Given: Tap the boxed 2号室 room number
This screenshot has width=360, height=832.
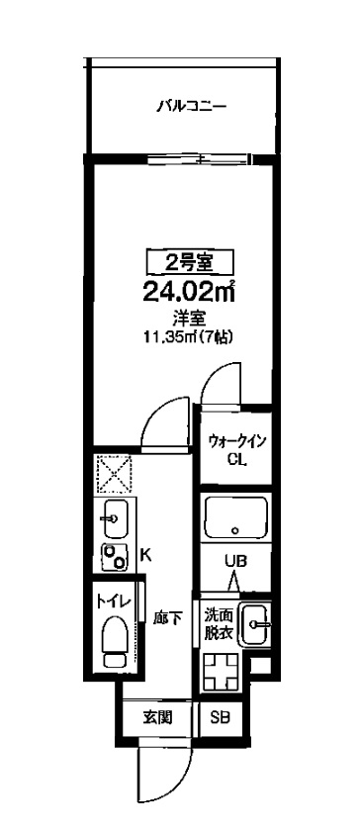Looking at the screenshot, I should pos(189,262).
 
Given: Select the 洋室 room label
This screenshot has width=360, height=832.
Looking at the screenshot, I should pos(189,318).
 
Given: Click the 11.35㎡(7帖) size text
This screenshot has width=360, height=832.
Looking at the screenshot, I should pos(189,336).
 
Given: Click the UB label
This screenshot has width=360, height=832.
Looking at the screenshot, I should pos(234,561).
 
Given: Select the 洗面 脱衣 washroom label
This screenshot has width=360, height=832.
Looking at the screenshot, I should pos(219,625).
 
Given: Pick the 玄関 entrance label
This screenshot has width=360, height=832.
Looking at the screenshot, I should pos(158,717).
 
